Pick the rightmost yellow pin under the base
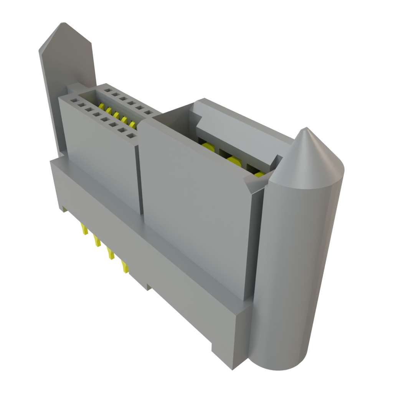pos(125,267)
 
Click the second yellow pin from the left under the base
pos(97,241)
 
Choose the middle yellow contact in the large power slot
pos(233,160)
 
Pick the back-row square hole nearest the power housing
pos(147,113)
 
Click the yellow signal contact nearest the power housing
pos(132,124)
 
